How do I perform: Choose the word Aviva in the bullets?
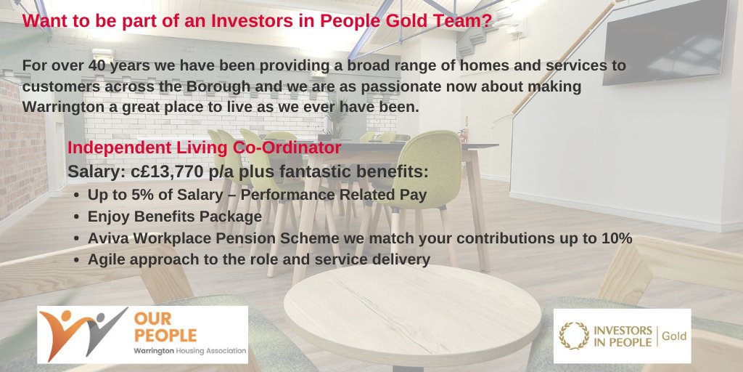[x=107, y=238]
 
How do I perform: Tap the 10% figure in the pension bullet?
[x=617, y=238]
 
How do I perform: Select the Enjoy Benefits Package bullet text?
[x=174, y=217]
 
